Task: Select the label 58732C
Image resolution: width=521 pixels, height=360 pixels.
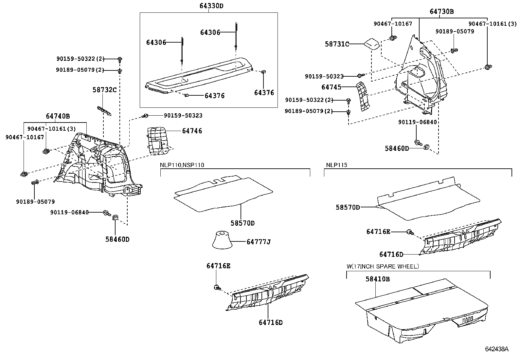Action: point(104,89)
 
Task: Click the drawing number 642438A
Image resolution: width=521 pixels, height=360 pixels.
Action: point(496,349)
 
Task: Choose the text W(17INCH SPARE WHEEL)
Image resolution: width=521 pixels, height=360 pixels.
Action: point(383,266)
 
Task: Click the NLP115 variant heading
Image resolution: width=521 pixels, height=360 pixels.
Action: point(336,165)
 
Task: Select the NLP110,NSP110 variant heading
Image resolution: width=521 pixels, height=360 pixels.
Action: point(182,165)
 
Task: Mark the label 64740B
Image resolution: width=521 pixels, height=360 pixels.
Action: point(58,116)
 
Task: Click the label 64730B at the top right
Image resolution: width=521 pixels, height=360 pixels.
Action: point(441,11)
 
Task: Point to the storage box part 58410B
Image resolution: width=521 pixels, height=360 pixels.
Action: point(422,311)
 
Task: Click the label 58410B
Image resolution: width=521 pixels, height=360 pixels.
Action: point(377,279)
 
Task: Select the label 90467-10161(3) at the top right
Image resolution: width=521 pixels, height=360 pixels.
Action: point(492,24)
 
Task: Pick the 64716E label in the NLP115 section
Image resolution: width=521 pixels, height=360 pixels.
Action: point(378,232)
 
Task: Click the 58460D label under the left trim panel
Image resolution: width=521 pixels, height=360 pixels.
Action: point(117,239)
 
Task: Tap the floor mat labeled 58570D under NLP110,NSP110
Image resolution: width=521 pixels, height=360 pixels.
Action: point(223,193)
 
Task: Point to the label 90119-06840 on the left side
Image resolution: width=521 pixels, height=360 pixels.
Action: point(69,212)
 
